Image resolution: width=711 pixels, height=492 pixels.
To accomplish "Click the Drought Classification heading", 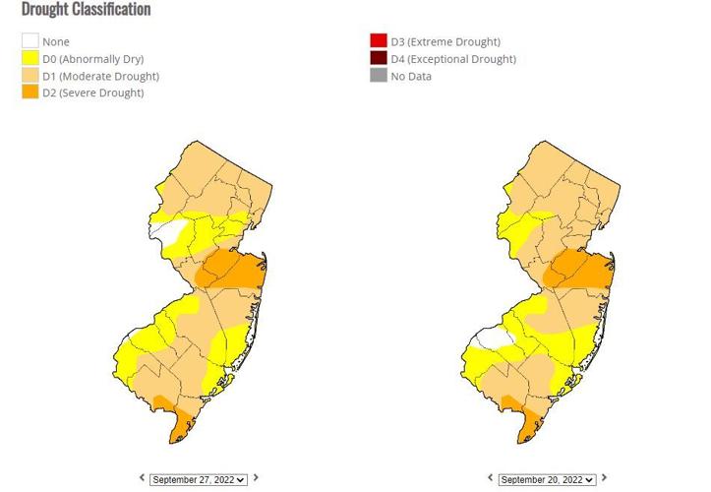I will tap(87, 10).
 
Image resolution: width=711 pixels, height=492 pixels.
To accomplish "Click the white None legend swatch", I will tap(30, 42).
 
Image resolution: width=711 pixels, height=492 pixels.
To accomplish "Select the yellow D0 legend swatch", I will tap(30, 59).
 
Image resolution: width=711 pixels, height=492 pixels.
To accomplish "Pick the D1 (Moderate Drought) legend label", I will tap(100, 76).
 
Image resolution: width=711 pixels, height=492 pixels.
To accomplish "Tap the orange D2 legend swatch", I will tap(30, 92).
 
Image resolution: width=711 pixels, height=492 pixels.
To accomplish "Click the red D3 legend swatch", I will tap(379, 42).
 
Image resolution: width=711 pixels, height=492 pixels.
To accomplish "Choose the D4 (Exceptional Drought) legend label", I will tap(452, 59).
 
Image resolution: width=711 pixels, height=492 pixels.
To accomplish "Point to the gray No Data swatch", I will tap(379, 76).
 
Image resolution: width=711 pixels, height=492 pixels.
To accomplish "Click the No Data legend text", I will tap(411, 76).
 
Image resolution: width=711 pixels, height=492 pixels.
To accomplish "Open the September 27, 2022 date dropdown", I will tap(198, 479).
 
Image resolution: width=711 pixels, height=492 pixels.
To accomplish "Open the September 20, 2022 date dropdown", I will tap(547, 479).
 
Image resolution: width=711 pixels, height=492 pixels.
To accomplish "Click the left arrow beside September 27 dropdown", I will tap(142, 478).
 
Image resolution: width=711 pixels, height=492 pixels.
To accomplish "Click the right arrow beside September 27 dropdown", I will tap(256, 478).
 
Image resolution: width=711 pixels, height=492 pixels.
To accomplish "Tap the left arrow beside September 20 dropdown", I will tap(491, 478).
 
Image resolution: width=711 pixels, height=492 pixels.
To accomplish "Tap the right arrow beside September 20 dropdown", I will tap(604, 478).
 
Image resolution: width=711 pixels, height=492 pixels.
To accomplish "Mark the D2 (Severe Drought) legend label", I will tap(92, 92).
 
